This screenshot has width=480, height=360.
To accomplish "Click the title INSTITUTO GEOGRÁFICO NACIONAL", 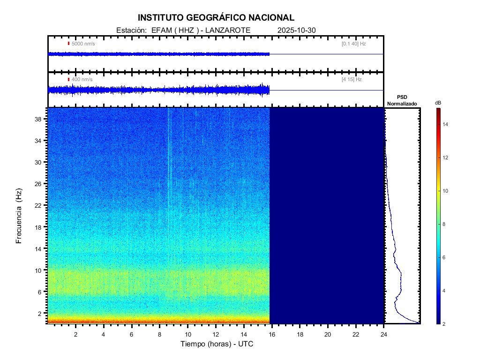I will [216, 18].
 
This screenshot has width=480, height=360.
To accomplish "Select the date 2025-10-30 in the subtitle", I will [297, 30].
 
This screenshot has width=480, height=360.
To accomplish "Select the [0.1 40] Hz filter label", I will [353, 44].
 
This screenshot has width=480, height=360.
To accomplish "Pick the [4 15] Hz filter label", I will [352, 80].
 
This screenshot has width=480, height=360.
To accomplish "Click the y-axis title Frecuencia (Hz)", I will [19, 216].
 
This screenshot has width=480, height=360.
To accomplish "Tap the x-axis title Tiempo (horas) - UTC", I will [217, 344].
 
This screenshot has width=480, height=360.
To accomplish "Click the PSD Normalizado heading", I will [402, 100].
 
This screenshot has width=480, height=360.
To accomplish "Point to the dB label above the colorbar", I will [438, 103].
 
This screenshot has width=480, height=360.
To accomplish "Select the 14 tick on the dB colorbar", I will [447, 124].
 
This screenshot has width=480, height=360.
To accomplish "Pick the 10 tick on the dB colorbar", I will [447, 191].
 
